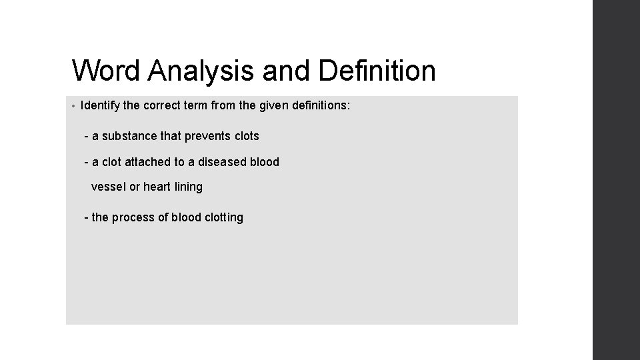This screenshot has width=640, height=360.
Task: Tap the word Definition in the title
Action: click(x=377, y=71)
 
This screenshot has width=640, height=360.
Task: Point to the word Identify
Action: click(x=99, y=105)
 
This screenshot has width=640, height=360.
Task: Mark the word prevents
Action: click(x=207, y=136)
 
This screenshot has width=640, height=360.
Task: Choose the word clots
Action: click(x=247, y=136)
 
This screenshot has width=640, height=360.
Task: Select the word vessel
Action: click(x=108, y=187)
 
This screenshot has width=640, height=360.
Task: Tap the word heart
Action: click(x=157, y=187)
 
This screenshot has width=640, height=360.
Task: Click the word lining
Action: click(x=188, y=187)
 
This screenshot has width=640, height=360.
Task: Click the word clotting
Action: click(x=223, y=217)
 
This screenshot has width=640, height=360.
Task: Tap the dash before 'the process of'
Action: click(x=87, y=217)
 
